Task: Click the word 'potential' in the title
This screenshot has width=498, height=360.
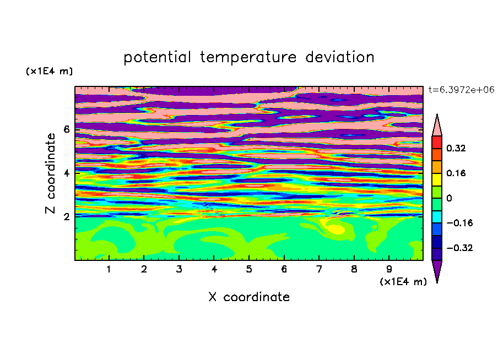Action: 158,58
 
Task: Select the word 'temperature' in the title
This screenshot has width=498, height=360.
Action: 248,58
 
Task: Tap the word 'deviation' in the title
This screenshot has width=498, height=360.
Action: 340,57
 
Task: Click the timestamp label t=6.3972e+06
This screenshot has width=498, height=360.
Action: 461,90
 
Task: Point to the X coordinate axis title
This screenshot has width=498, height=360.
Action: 250,297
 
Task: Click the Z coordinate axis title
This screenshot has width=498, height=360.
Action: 51,173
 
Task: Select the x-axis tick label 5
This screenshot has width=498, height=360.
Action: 249,270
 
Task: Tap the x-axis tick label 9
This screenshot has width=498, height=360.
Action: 389,270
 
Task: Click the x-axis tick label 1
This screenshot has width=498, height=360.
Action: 109,270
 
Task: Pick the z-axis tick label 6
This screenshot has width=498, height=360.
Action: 66,129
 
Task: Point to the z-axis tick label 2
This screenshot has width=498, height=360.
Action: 66,217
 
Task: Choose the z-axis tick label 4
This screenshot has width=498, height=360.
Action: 66,173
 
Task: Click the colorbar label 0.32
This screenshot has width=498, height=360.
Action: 456,149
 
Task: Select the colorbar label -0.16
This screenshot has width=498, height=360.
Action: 459,223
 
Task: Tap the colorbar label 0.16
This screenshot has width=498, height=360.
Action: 456,173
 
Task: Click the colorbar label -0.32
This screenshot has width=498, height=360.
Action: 459,248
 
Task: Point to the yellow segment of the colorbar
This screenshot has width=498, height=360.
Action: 437,179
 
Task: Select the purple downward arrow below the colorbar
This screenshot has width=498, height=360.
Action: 437,270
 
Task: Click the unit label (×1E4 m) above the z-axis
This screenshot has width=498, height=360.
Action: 49,72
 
